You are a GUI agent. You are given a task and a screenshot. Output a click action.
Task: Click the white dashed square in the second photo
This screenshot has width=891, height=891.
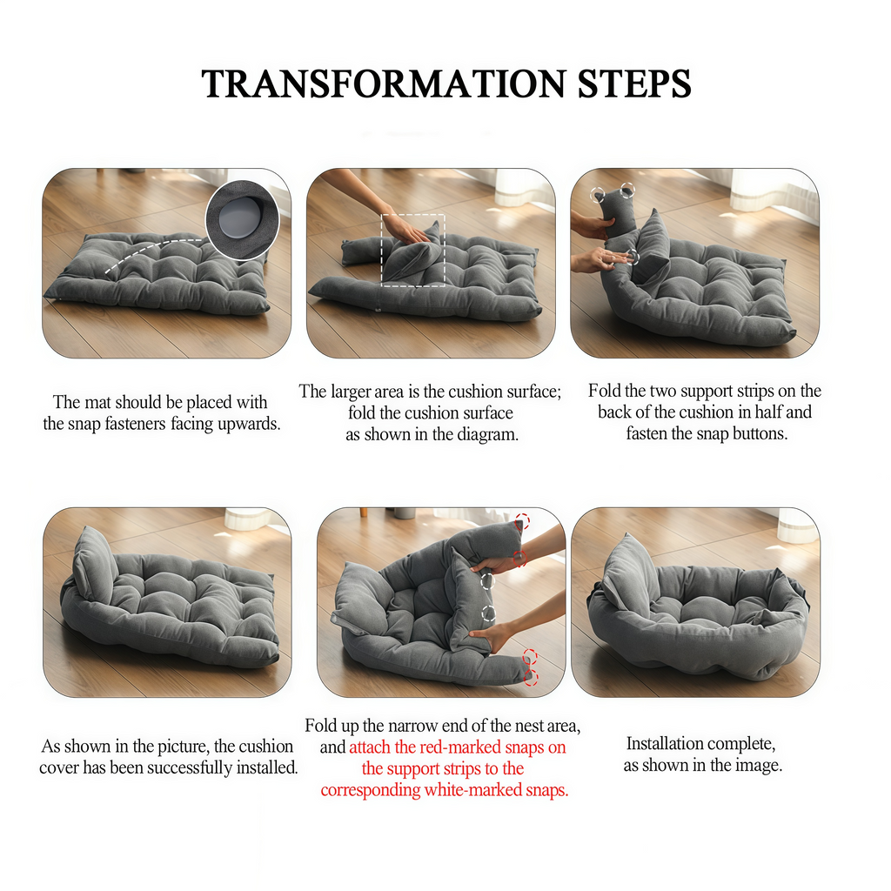pos(413,249)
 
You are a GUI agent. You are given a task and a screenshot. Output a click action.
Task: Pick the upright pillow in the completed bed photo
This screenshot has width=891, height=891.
pos(628,574)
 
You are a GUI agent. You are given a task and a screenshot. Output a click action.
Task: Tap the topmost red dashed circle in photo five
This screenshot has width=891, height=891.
pos(521,521)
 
